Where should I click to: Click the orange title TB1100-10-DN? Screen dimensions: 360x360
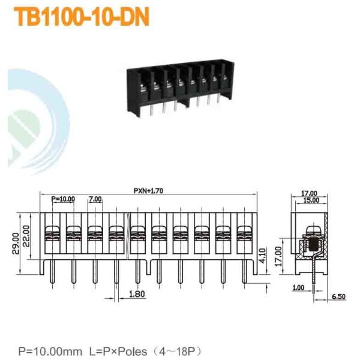click(x=82, y=17)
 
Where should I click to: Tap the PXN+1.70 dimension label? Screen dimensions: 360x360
click(x=149, y=191)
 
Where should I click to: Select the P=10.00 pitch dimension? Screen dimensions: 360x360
click(x=63, y=199)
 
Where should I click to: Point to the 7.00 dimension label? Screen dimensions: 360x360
click(x=95, y=199)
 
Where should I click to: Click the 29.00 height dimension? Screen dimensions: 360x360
click(x=16, y=244)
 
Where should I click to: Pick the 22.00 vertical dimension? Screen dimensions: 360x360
click(x=26, y=236)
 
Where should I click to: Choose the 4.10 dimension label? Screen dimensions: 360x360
click(x=262, y=256)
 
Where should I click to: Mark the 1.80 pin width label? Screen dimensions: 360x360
click(x=137, y=294)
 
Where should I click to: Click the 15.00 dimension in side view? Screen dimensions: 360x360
click(x=311, y=200)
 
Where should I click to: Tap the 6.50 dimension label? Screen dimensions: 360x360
click(x=338, y=296)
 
